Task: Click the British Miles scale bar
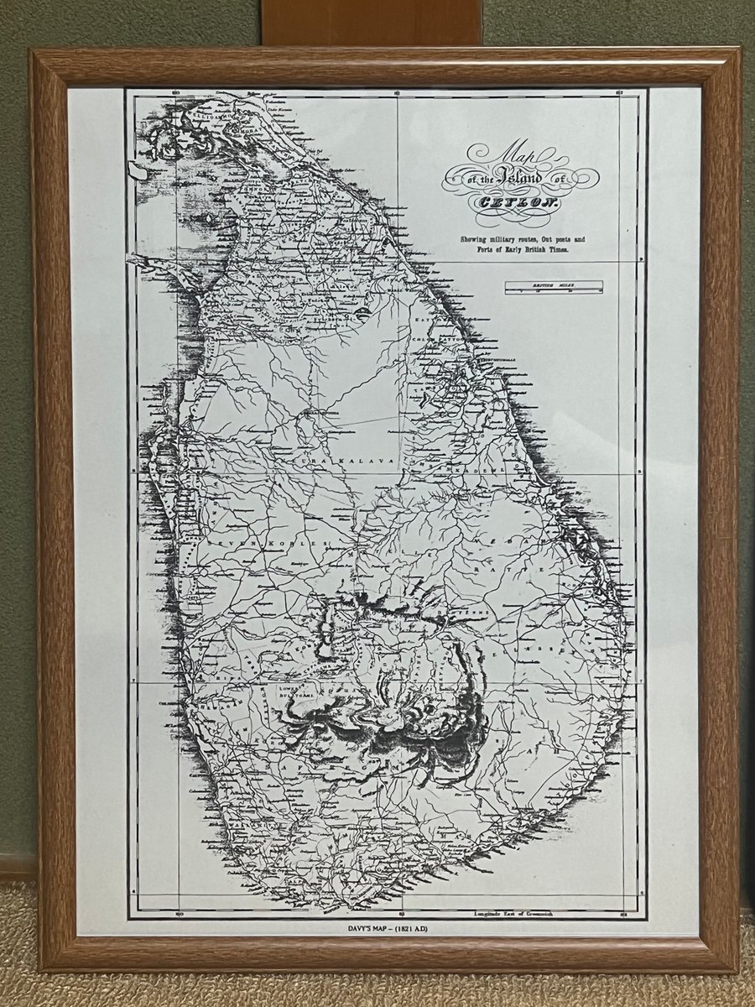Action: coord(554,287)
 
